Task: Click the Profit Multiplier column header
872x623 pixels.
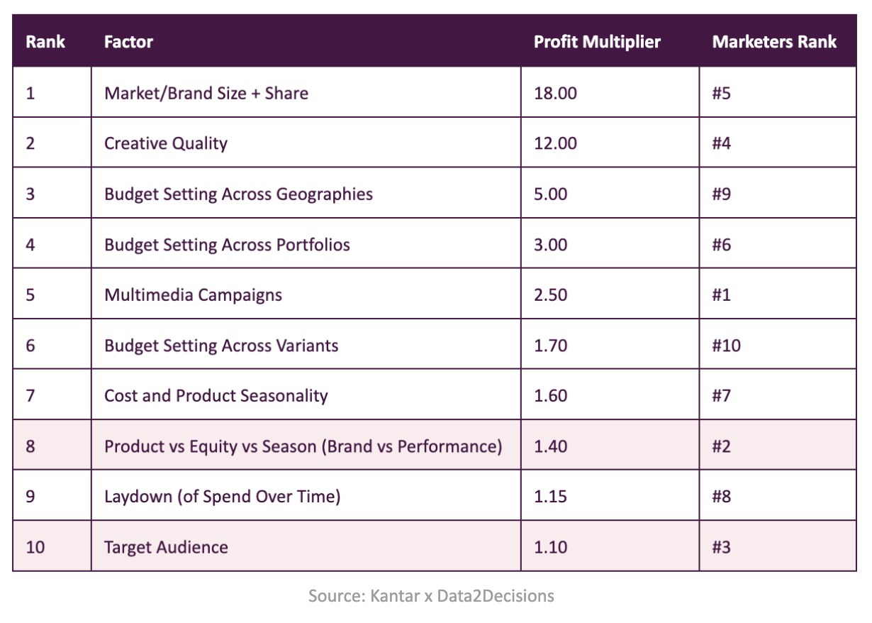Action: click(x=597, y=42)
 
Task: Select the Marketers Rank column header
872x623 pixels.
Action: click(x=774, y=42)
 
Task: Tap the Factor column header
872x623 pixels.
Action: click(x=128, y=42)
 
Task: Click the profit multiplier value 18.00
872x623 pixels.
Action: click(x=555, y=93)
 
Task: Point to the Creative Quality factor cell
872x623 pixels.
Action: click(x=166, y=143)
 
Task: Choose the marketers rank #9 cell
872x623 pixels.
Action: click(x=721, y=194)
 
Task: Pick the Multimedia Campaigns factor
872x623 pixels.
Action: click(x=193, y=294)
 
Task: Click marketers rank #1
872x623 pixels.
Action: click(x=721, y=294)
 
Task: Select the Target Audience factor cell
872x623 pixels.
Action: click(x=166, y=547)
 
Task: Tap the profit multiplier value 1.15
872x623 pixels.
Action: click(x=551, y=496)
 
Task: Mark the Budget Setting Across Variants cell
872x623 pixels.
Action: click(x=221, y=346)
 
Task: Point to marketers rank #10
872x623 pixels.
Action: click(x=726, y=346)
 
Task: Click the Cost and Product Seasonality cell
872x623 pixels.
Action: click(x=216, y=395)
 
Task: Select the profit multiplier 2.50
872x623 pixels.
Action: click(x=551, y=294)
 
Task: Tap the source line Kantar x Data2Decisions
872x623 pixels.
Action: click(x=431, y=595)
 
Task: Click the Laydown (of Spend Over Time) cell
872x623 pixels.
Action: click(x=222, y=496)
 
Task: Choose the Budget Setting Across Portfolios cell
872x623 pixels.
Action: click(x=227, y=245)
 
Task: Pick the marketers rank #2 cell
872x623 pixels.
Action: click(x=721, y=446)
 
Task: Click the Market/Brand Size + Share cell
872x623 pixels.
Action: click(x=206, y=93)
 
